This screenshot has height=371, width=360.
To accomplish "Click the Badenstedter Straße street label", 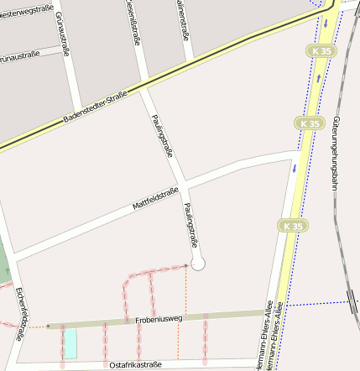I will (95, 108).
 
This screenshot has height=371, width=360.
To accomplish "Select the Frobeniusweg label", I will (158, 320).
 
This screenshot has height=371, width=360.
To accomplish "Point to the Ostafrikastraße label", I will (135, 364).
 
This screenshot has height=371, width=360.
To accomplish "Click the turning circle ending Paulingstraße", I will (198, 264).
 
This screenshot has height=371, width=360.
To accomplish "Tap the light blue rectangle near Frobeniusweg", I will (70, 342).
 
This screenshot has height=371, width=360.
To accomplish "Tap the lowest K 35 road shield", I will (292, 226).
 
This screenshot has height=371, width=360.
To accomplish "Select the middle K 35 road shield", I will (309, 123).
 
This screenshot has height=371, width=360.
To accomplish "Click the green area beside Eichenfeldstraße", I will (4, 264).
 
